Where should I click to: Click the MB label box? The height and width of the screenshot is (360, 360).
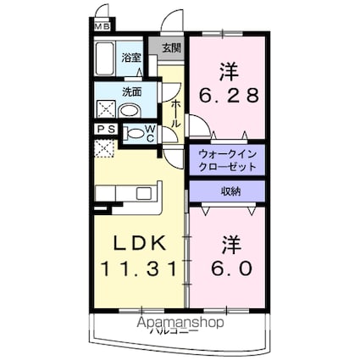(102, 25)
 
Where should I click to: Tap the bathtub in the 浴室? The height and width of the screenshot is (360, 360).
(105, 62)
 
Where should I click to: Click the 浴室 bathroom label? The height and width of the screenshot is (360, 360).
(131, 58)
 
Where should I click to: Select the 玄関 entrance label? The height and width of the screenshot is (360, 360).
(170, 48)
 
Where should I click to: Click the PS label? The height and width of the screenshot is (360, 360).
(106, 130)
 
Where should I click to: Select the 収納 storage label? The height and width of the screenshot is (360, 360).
(230, 191)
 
